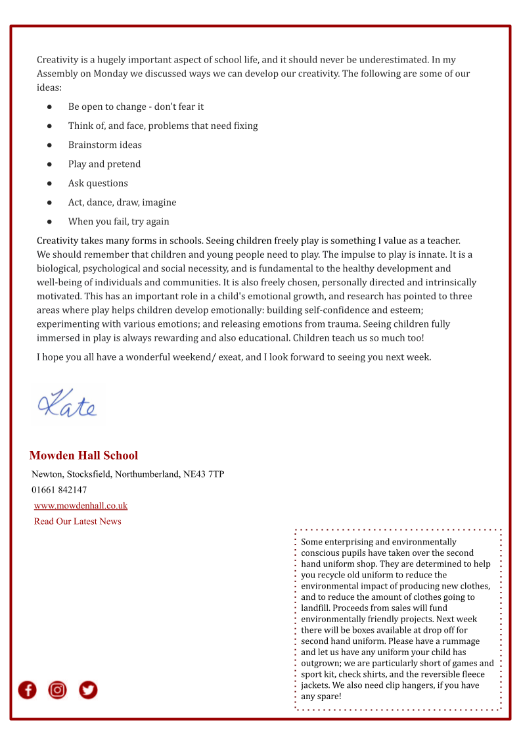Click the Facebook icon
pyautogui.click(x=27, y=689)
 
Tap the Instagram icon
pyautogui.click(x=58, y=689)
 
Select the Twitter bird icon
pyautogui.click(x=88, y=689)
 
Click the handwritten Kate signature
pyautogui.click(x=68, y=403)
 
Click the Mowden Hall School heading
pyautogui.click(x=83, y=455)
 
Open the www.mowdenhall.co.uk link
pyautogui.click(x=81, y=505)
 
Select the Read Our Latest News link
pyautogui.click(x=78, y=521)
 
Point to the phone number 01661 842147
pyautogui.click(x=59, y=489)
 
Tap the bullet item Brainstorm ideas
pyautogui.click(x=104, y=145)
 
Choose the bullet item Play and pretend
pyautogui.click(x=104, y=164)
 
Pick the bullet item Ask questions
pyautogui.click(x=98, y=183)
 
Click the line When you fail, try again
pyautogui.click(x=118, y=221)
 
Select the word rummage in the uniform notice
pyautogui.click(x=463, y=641)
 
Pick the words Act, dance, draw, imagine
pyautogui.click(x=122, y=202)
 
